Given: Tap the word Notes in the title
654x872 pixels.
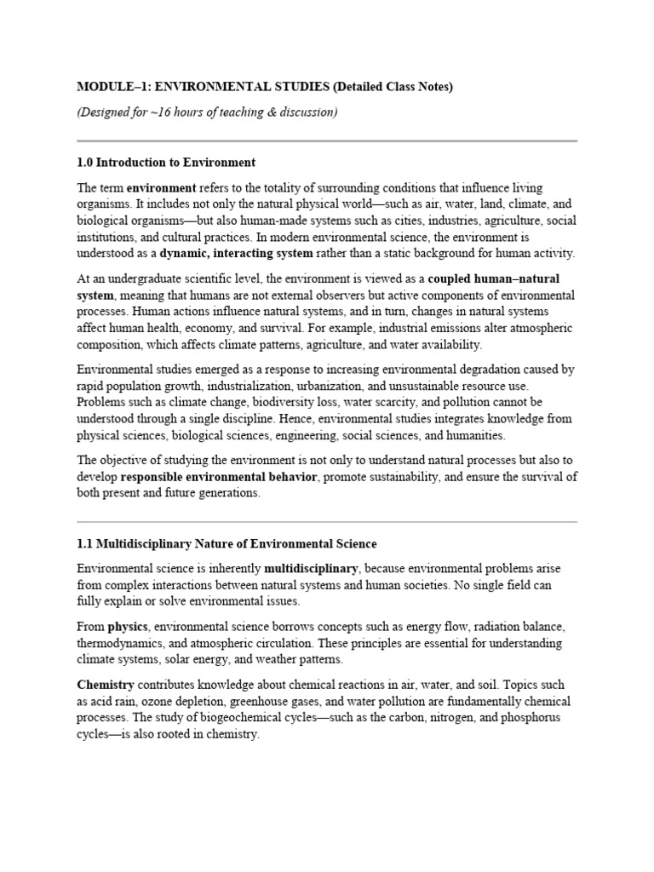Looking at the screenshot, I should (x=431, y=87).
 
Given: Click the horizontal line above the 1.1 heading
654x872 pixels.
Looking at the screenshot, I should (x=327, y=521).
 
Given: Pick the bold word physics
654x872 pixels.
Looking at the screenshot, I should (x=129, y=626).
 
